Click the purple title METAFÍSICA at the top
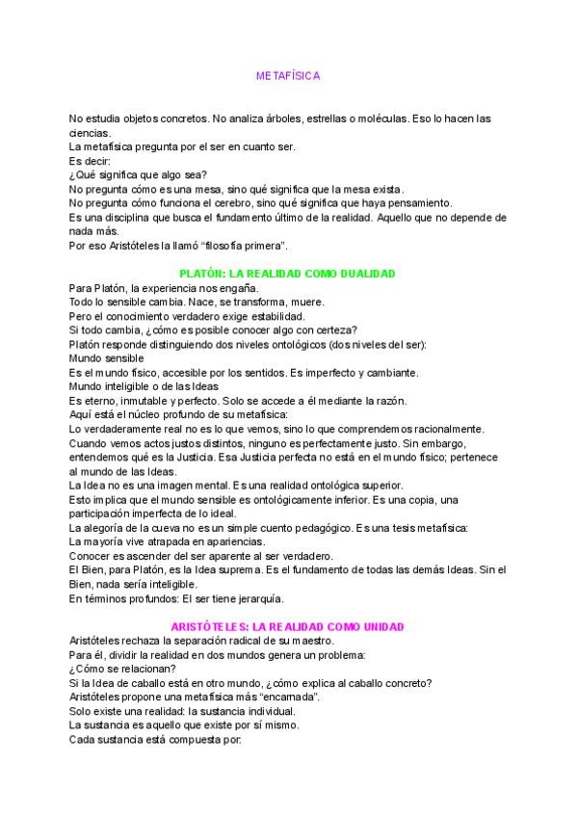click(288, 74)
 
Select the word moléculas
click(387, 119)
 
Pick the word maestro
click(310, 641)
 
